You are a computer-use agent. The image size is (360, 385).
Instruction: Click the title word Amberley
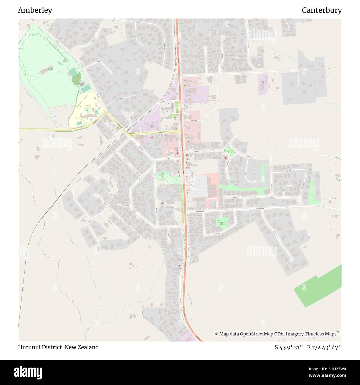pos(35,10)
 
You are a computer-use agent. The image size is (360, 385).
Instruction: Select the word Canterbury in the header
pos(322,10)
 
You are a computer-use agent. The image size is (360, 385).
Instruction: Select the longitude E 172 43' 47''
pos(324,347)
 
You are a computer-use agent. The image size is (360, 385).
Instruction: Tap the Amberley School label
pos(89,106)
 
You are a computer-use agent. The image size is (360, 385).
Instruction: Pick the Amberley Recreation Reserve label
pos(50,70)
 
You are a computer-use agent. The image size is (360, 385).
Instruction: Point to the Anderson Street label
pos(194,120)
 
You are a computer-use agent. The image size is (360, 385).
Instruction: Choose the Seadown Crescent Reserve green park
pos(222,222)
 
